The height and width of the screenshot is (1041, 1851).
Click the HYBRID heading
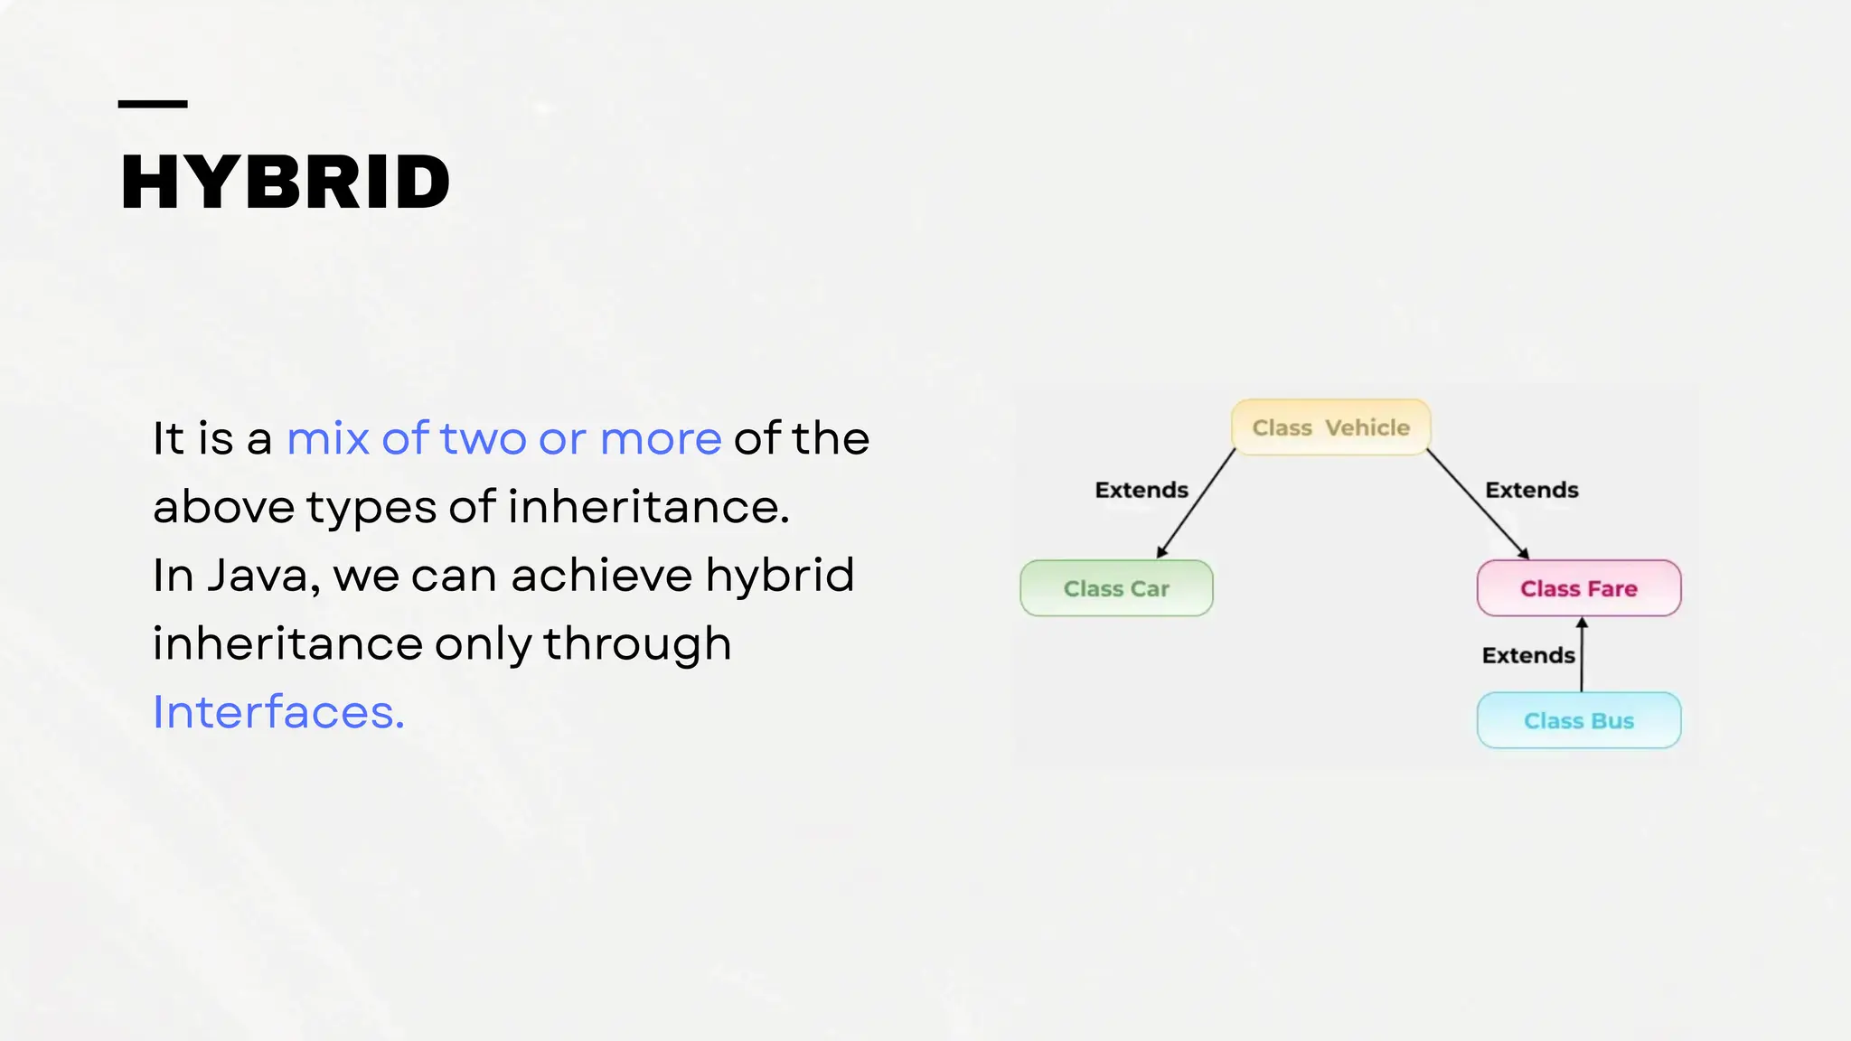point(285,183)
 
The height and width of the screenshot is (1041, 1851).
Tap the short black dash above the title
point(153,104)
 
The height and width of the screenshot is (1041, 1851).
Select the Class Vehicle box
point(1330,427)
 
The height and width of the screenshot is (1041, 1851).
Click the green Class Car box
point(1116,588)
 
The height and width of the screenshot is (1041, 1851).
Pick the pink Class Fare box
point(1579,588)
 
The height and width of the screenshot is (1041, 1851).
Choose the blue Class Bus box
point(1579,720)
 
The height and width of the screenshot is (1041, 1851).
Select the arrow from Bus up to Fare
point(1582,654)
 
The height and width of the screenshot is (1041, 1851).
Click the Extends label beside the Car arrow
point(1142,490)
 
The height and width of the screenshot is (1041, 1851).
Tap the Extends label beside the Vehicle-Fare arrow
point(1532,490)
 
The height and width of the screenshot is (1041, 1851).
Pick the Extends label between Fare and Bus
point(1528,655)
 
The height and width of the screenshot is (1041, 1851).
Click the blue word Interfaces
point(278,712)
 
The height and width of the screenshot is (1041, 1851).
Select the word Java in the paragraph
point(263,576)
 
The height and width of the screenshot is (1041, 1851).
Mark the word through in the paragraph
point(637,644)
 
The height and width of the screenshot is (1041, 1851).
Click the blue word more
point(661,439)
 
